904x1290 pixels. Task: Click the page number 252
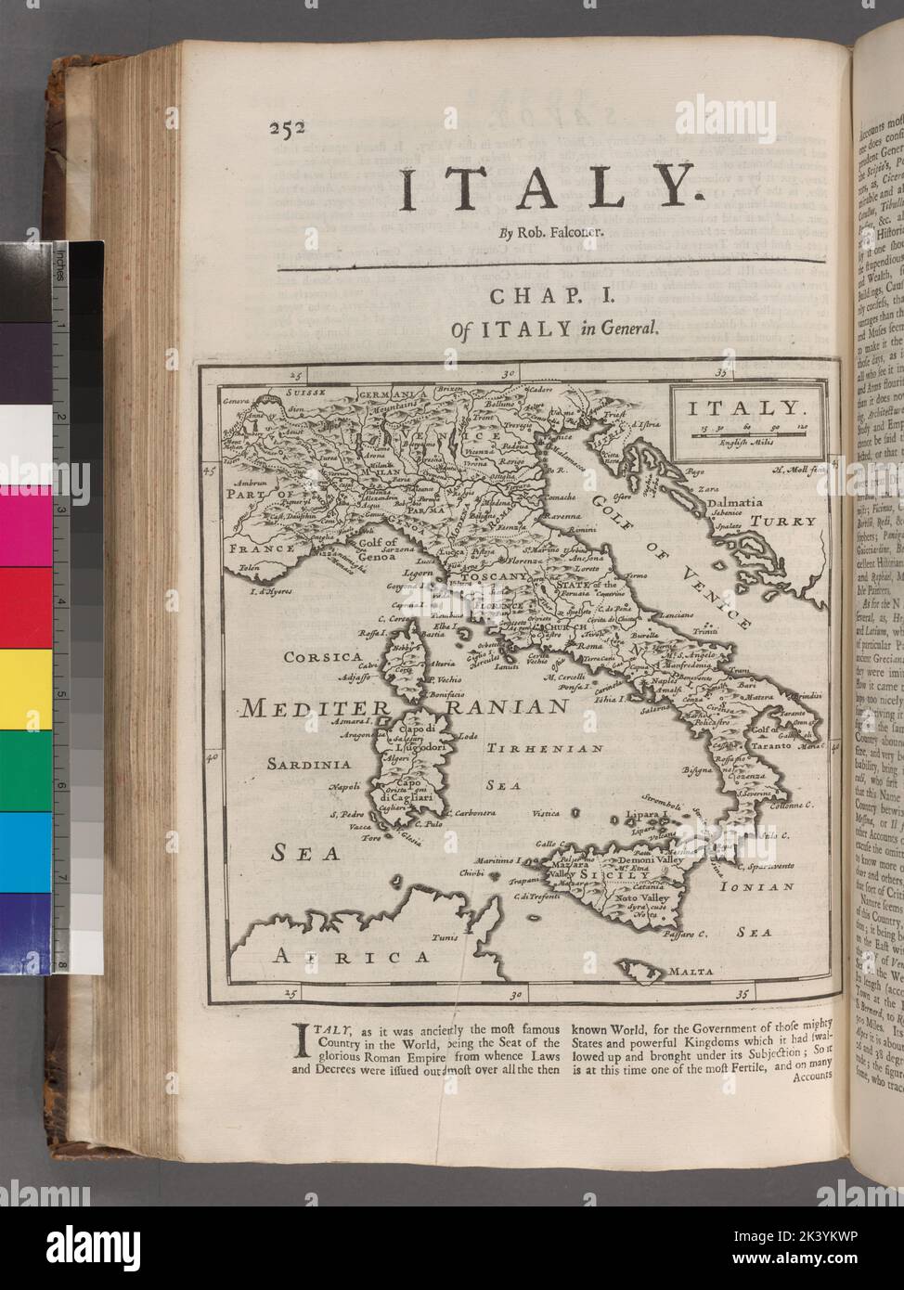[289, 130]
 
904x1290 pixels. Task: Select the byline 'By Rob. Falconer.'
[549, 233]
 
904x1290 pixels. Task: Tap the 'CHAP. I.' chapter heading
[550, 298]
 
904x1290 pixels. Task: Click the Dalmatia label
[738, 502]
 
